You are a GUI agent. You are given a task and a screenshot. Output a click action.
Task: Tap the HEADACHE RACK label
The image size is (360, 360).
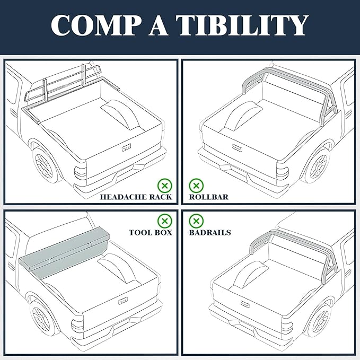(136, 197)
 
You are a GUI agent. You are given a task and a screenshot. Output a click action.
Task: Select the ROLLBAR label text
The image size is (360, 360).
(208, 197)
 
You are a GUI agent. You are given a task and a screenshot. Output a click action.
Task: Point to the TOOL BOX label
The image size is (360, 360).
(150, 232)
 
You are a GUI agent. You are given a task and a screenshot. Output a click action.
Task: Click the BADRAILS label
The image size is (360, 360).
(209, 232)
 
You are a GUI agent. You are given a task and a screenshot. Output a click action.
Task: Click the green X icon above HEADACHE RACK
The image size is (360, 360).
(165, 186)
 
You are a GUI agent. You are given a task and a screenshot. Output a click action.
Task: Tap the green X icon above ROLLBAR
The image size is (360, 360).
(196, 186)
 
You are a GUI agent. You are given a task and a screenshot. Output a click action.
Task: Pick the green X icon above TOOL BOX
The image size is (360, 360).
(165, 221)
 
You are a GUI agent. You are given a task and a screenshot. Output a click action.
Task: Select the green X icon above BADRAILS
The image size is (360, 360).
(196, 221)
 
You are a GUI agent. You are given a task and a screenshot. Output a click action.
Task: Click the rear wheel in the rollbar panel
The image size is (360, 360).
(317, 165)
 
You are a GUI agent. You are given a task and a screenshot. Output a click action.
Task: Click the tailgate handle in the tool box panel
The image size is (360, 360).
(124, 301)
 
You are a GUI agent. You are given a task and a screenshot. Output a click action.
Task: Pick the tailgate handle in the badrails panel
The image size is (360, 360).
(245, 304)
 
